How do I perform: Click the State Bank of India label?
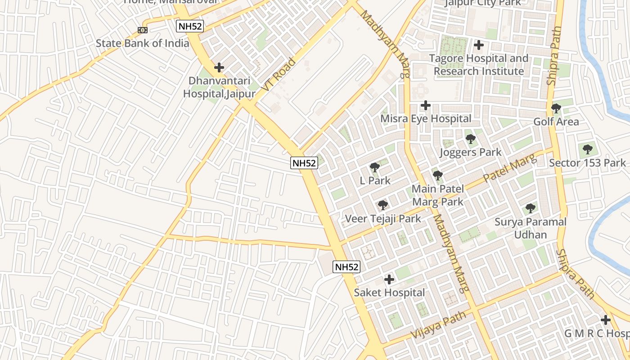(143, 43)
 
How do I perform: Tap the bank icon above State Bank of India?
(143, 30)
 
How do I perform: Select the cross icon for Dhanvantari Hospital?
(219, 67)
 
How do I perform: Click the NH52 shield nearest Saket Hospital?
(346, 267)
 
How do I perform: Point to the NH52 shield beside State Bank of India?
(190, 26)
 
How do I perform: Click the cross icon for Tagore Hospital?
(479, 45)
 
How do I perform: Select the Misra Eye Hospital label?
(426, 119)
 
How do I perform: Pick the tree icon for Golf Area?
(556, 108)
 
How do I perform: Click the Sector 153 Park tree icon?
(587, 149)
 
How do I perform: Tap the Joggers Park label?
(470, 152)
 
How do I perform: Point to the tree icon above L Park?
(374, 167)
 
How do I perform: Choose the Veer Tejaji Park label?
(383, 219)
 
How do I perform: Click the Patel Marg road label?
(510, 168)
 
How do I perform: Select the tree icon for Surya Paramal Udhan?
(531, 208)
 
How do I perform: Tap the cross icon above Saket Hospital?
(389, 279)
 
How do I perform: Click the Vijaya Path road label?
(439, 326)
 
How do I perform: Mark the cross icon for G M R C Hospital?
(606, 320)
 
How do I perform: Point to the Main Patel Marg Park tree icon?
(438, 175)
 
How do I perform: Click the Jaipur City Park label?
(483, 3)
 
